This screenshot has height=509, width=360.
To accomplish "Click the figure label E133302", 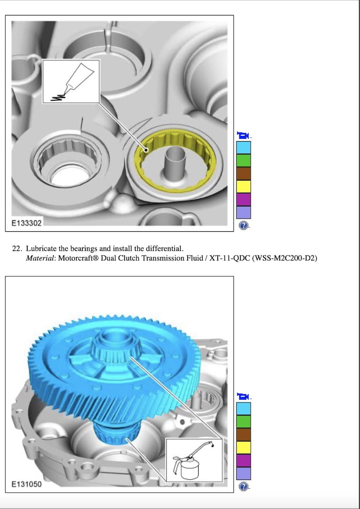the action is [x=27, y=223].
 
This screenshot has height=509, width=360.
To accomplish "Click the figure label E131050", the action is [x=27, y=484].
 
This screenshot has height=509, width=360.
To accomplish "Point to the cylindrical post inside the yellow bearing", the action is [x=174, y=162].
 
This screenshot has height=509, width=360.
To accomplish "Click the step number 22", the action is [x=17, y=249].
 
